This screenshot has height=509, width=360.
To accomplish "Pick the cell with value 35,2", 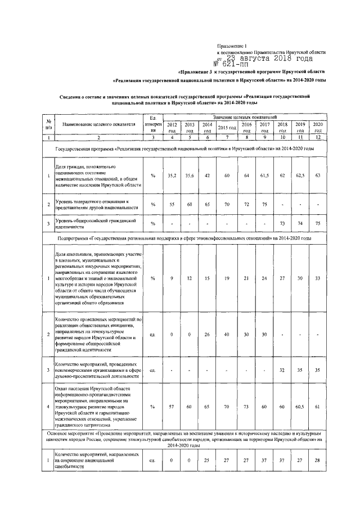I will click(x=172, y=175).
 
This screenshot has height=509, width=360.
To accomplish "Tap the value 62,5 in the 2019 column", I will click(x=300, y=175).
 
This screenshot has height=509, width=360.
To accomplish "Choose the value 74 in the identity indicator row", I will click(x=300, y=223).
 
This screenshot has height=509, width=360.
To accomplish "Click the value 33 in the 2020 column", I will click(x=318, y=277).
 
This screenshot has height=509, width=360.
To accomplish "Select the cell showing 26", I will click(x=206, y=334).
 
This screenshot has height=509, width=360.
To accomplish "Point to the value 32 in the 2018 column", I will click(x=282, y=371).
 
